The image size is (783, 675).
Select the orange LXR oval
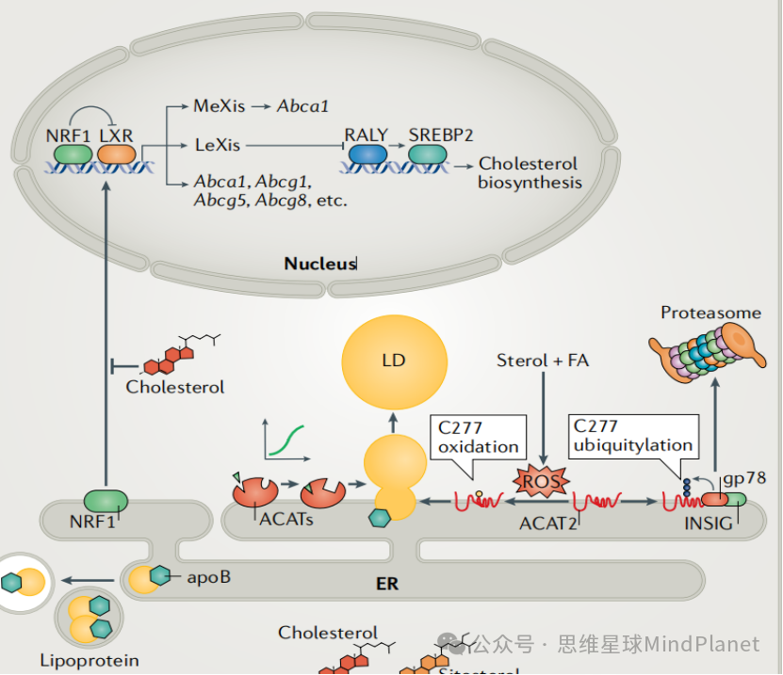118,153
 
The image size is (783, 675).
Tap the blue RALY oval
367,153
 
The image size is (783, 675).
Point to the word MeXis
219,106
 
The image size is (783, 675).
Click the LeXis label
218,145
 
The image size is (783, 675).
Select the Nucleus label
320,264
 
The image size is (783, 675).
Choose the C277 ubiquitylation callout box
633,436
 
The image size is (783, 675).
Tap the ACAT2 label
547,522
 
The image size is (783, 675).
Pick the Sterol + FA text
543,360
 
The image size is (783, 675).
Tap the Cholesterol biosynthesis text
529,173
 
